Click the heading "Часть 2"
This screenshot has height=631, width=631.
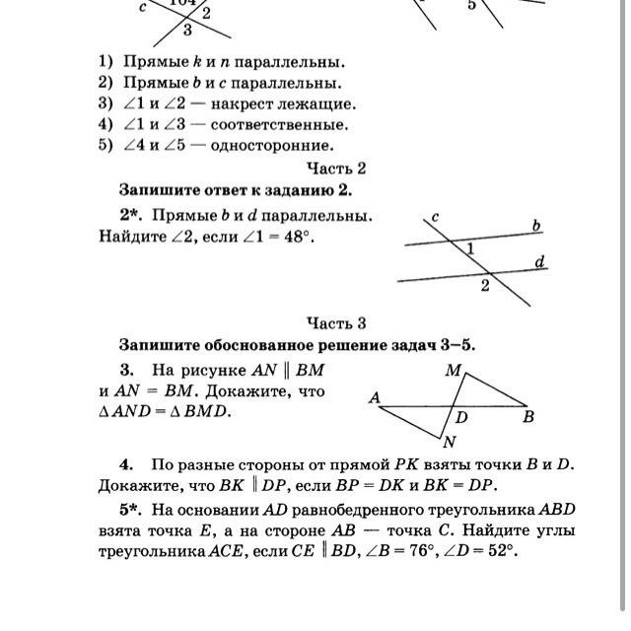[x=336, y=169]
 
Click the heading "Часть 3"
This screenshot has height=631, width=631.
[x=336, y=323]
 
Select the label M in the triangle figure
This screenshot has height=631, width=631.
[x=453, y=372]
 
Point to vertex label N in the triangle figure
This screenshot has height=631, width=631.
[x=450, y=442]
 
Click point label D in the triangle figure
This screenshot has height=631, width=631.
[x=461, y=417]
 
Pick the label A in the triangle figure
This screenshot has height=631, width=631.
[x=375, y=398]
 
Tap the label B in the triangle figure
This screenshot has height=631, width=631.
[x=528, y=417]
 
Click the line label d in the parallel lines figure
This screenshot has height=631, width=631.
[x=539, y=262]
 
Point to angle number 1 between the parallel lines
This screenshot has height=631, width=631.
[x=470, y=250]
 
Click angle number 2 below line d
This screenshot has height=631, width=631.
[x=484, y=286]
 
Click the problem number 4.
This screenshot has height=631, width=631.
[x=126, y=463]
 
